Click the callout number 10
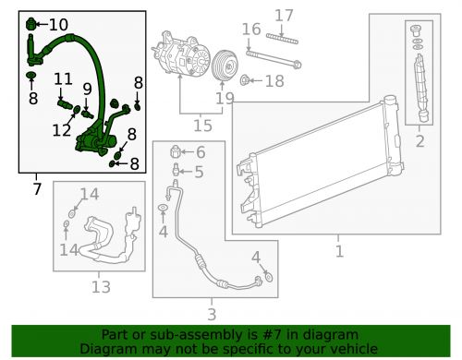tap(58, 25)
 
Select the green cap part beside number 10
tap(31, 24)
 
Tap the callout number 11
tap(63, 79)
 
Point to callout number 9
tap(87, 89)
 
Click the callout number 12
tap(62, 130)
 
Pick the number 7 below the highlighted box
tap(37, 188)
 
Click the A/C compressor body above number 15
tap(180, 54)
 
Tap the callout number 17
tap(284, 16)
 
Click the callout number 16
tap(251, 30)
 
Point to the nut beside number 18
tap(244, 80)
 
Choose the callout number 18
tap(274, 81)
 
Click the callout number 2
tap(420, 141)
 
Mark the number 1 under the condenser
tap(339, 251)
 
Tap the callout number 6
tap(201, 152)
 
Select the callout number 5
tap(199, 172)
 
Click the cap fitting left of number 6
tap(175, 151)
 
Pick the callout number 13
tap(101, 287)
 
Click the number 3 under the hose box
tap(212, 314)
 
